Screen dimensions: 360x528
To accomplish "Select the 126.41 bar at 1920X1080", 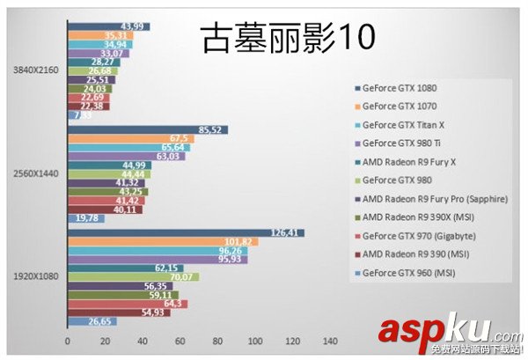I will click(186, 232).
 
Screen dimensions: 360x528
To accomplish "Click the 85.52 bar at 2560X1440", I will click(147, 130).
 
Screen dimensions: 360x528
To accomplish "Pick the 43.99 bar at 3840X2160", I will click(108, 26).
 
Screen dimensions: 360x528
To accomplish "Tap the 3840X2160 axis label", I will click(33, 70).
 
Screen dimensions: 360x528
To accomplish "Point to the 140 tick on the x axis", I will click(330, 341).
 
